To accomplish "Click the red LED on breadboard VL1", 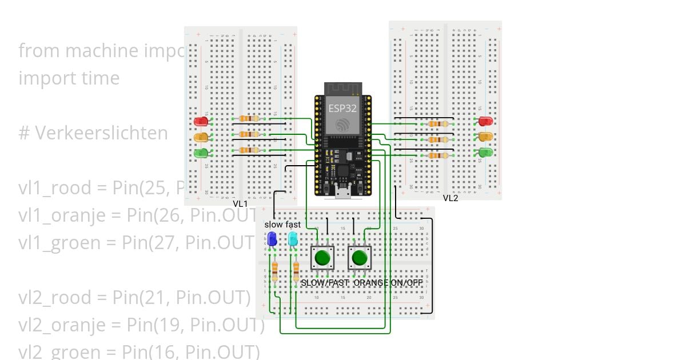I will [x=201, y=121].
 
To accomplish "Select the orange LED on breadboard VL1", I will [x=201, y=137].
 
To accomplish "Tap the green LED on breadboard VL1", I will [x=201, y=153].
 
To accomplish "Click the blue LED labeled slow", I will [x=272, y=239].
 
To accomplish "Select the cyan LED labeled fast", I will [x=293, y=238].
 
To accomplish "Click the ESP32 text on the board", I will [x=342, y=107].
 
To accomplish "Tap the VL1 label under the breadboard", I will [x=240, y=204].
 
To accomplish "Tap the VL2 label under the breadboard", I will [x=450, y=198].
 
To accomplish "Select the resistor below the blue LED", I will [x=276, y=271].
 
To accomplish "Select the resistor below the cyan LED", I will [x=296, y=271].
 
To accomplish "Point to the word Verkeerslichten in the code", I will [x=102, y=133].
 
